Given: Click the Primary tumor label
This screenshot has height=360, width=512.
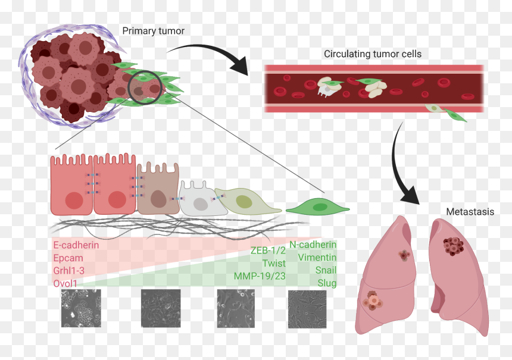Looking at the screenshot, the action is pos(153,31).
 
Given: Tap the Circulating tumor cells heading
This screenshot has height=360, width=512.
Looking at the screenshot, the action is pos(373,54).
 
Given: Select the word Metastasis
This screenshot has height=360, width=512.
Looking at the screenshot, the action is pos(470,212).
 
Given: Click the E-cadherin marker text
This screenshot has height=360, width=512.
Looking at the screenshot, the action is pos(76,245).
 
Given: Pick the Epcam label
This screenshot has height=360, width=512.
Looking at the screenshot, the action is pos(68,258).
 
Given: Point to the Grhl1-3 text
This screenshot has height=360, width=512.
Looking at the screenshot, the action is pos(68,271).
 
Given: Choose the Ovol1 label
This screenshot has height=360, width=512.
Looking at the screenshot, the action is pos(65,283).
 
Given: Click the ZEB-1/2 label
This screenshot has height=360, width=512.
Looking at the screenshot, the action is pos(268,251).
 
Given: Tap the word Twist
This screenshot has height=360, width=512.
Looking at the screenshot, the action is pos(274,263).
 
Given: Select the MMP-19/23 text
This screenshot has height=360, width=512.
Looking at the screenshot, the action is pos(260,276).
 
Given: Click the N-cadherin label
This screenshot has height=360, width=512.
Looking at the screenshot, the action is pos(313,245).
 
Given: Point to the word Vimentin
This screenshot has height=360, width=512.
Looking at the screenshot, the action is pos(317,257).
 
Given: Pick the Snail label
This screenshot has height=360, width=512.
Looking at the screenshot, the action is pos(326,270).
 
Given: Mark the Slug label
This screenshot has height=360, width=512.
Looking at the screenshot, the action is pos(327,283).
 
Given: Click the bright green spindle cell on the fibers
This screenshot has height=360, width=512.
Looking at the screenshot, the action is pos(318,206).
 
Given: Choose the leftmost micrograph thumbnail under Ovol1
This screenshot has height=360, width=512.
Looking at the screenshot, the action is pos(81,308).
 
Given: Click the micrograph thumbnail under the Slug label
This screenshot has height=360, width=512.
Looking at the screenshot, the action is pos(307,309).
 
